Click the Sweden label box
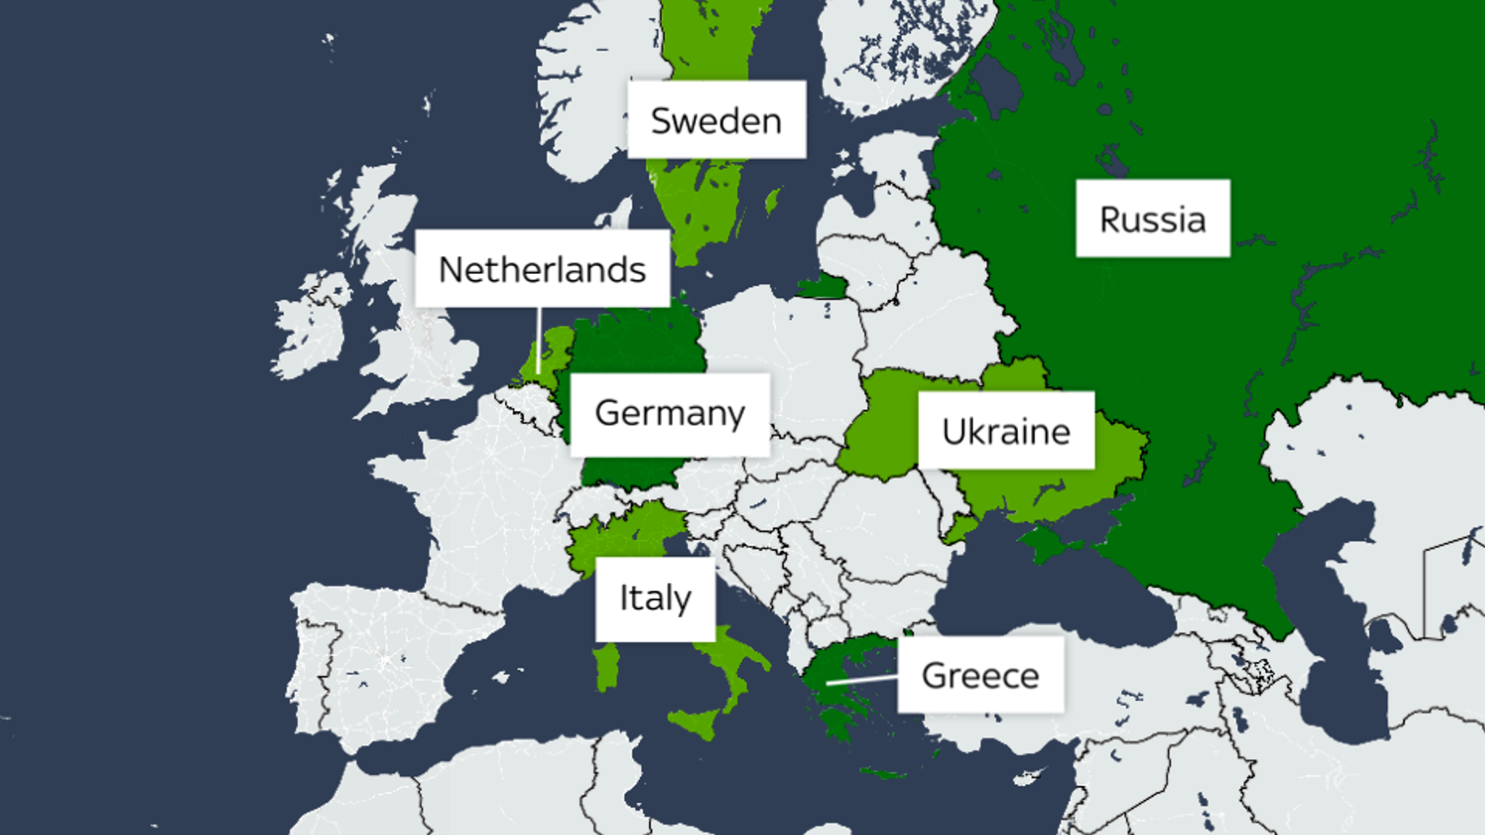click(716, 120)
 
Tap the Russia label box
click(1152, 218)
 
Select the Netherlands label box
click(542, 269)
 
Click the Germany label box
click(669, 414)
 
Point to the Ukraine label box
click(1006, 431)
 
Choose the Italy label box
click(655, 599)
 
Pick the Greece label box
click(980, 675)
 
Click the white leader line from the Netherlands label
click(538, 341)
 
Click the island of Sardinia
click(608, 667)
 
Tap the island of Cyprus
click(1030, 777)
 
